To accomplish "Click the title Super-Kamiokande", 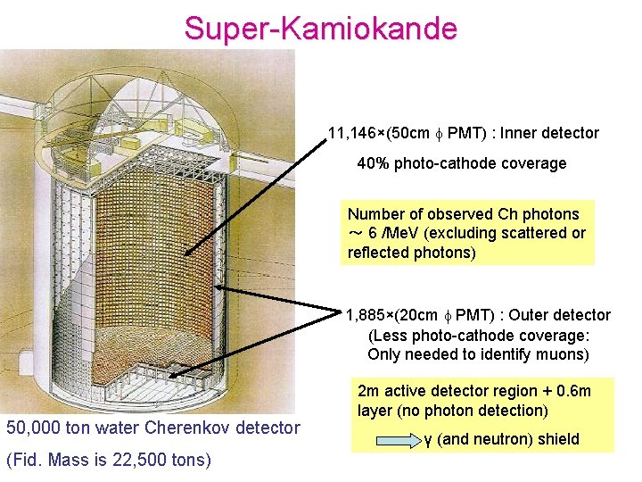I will (320, 28).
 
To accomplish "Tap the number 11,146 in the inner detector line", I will (350, 134).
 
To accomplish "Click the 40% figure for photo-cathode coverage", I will (373, 163).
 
